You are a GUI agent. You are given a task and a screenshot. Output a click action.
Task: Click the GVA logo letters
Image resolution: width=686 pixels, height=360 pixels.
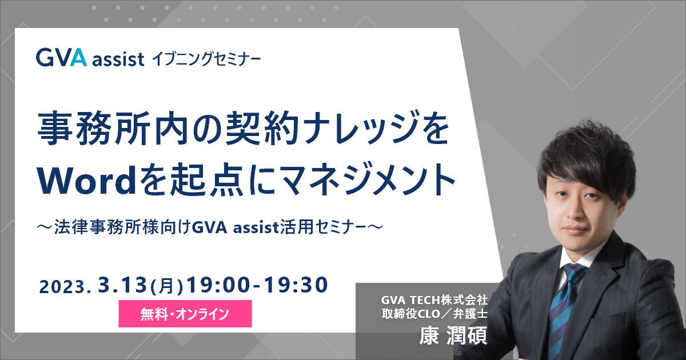point(61,58)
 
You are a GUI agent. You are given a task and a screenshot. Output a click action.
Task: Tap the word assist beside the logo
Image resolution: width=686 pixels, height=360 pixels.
point(118,59)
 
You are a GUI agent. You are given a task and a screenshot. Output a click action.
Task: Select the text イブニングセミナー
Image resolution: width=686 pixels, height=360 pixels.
point(206,59)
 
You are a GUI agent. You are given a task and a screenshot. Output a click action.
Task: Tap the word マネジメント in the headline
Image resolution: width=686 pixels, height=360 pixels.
point(368,181)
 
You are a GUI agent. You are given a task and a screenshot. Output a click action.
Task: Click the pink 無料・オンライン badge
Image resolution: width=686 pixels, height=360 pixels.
point(185,314)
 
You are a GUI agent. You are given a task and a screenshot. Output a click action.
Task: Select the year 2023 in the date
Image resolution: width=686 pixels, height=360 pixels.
point(62,287)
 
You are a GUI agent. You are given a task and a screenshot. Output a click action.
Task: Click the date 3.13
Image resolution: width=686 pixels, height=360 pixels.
point(122,285)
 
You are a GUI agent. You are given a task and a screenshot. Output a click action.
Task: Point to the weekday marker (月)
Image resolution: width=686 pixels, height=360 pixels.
point(166,287)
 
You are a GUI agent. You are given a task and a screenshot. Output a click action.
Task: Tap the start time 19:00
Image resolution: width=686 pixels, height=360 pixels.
point(218,285)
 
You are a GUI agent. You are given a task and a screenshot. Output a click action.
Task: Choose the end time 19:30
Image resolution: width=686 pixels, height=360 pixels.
point(296,285)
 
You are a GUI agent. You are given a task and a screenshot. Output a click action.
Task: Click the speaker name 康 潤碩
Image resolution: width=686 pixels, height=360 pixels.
point(453,336)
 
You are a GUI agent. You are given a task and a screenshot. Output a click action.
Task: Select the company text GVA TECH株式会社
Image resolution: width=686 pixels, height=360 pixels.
point(434,300)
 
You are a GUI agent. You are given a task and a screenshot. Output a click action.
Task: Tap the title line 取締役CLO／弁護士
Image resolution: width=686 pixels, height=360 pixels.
point(434,314)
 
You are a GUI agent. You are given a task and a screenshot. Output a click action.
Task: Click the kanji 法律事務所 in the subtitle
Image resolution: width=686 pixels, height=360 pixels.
point(97,227)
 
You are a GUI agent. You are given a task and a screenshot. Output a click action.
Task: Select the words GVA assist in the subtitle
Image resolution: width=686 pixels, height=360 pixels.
point(235,227)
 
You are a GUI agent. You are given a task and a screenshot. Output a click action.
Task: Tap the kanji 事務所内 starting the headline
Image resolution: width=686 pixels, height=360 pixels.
point(113,128)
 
